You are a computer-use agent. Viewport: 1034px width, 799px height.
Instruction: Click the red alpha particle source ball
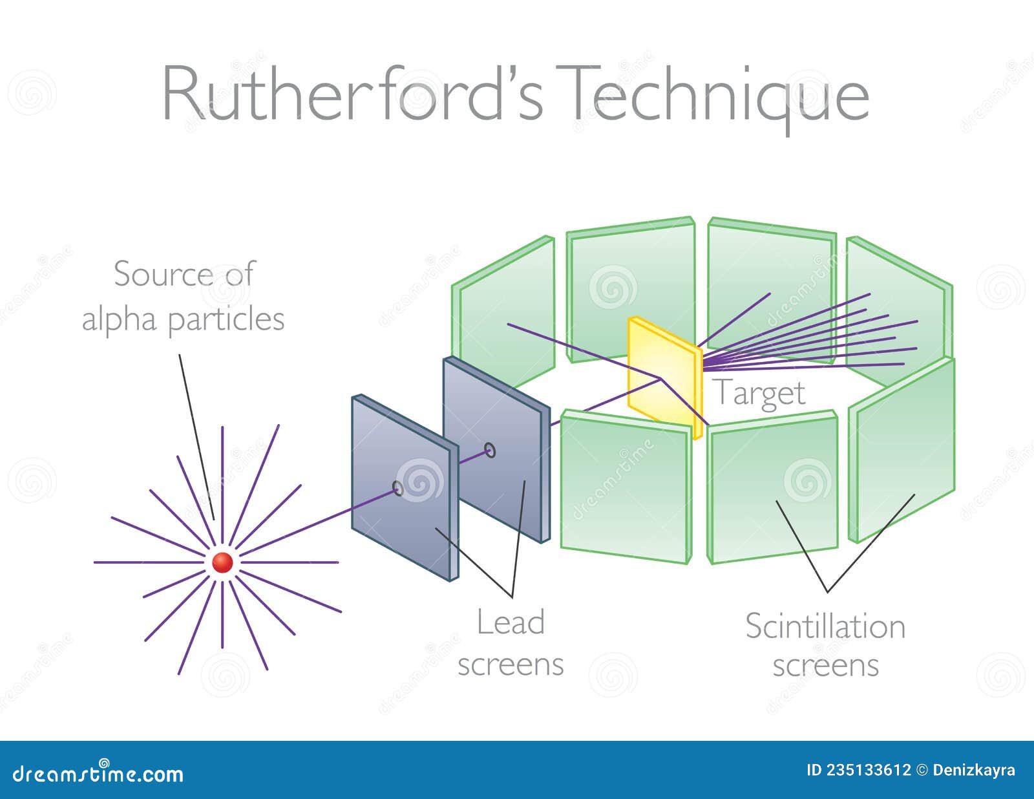point(222,562)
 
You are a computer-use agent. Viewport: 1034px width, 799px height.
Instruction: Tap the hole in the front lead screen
point(398,489)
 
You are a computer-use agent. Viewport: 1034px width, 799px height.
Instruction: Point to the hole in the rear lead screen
point(490,450)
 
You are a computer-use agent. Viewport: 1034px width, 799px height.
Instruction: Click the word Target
point(759,393)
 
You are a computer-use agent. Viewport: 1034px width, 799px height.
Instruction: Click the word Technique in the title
point(717,94)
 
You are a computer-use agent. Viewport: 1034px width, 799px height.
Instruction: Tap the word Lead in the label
point(511,622)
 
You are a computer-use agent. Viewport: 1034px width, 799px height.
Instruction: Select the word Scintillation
point(825,626)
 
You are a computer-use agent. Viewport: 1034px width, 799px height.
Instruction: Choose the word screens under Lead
point(511,665)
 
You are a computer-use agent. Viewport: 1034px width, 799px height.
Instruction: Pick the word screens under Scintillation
point(825,666)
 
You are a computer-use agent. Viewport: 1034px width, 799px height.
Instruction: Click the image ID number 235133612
point(859,771)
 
